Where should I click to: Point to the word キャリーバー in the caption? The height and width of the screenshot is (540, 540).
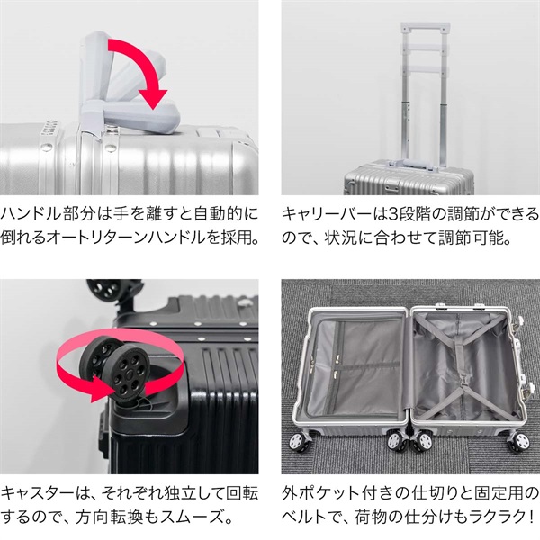point(319,216)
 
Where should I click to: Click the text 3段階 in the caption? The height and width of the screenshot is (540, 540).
point(396,216)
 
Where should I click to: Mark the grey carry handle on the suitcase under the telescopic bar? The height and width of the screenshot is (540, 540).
point(410,165)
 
